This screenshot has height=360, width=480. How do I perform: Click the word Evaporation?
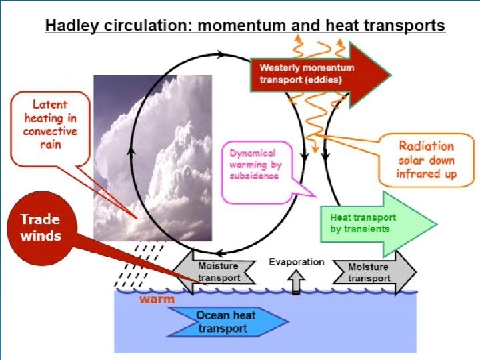tap(296, 261)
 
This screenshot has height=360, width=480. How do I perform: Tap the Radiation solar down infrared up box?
tap(426, 160)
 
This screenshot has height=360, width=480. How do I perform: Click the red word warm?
tap(157, 299)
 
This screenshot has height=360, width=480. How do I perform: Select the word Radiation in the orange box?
tap(426, 146)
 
